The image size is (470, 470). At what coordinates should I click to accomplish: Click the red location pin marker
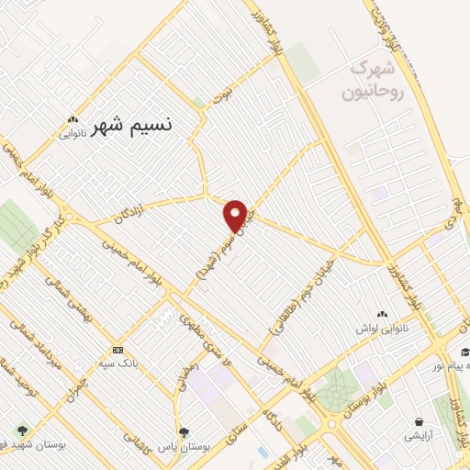236,215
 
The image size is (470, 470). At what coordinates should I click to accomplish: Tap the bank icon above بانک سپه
117,350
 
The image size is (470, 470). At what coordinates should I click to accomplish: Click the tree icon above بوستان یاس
184,431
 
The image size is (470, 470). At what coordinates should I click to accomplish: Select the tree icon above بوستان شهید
21,431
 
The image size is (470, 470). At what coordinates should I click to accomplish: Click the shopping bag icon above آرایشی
419,422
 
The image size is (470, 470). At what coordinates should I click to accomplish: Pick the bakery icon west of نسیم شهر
73,119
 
